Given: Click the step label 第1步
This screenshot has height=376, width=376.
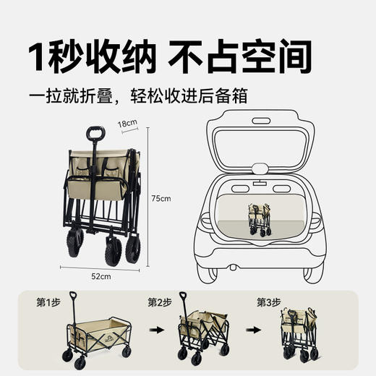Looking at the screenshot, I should [x=47, y=302].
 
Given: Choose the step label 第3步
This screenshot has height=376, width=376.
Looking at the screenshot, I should [x=268, y=302].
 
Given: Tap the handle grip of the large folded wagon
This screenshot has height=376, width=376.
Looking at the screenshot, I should [x=95, y=134].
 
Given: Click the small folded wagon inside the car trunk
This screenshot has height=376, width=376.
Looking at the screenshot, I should [x=259, y=219].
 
